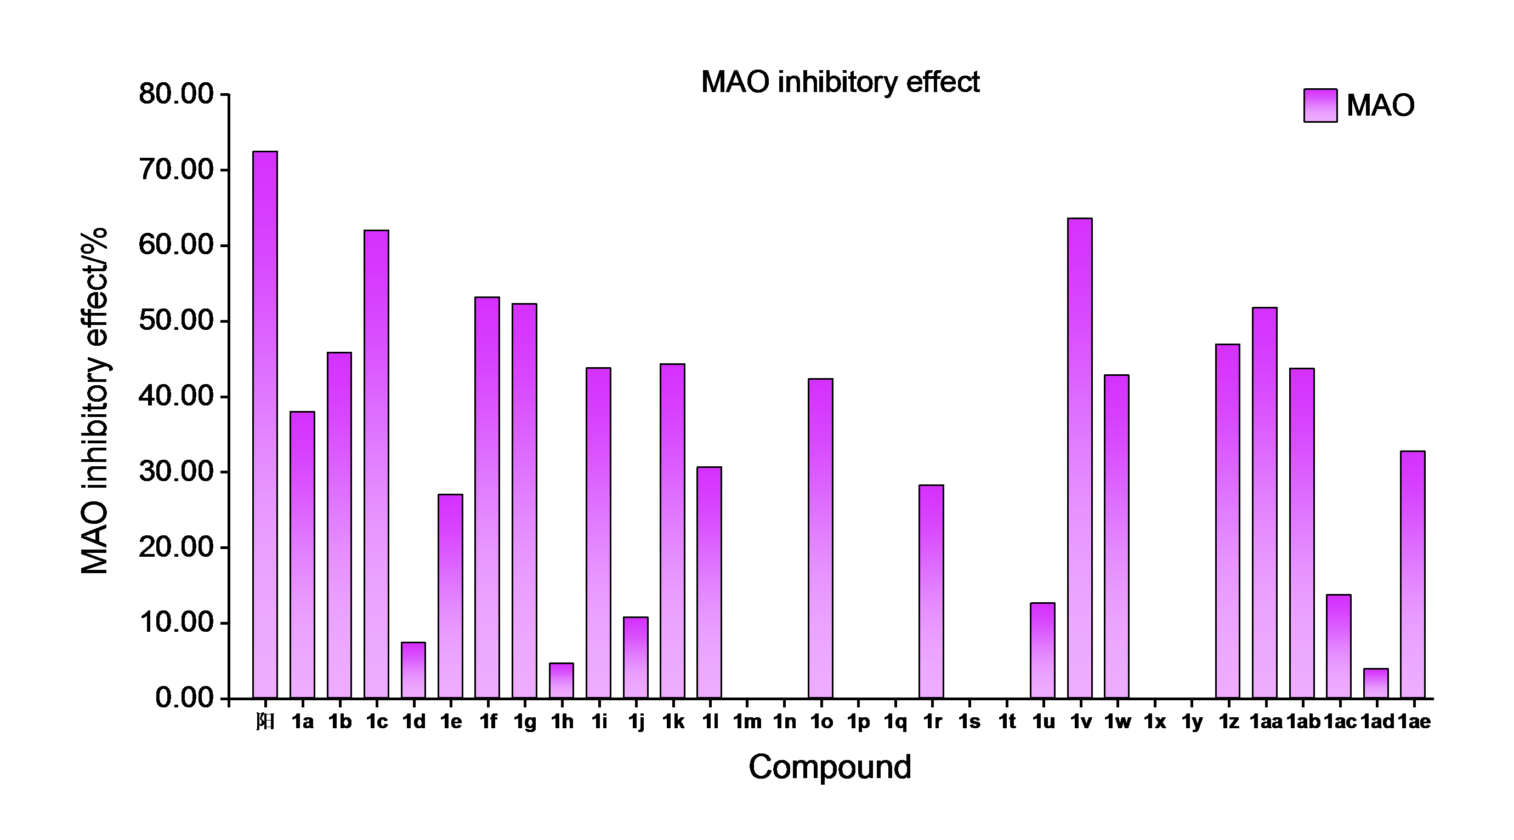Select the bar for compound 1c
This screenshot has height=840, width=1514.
click(376, 464)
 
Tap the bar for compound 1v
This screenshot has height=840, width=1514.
click(1080, 458)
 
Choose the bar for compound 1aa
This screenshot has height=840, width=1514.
click(1265, 503)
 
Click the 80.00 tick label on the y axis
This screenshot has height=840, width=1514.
click(175, 94)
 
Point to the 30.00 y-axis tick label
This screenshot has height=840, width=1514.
click(175, 472)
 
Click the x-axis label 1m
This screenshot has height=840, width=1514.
click(747, 721)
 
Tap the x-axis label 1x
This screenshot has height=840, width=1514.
click(1154, 721)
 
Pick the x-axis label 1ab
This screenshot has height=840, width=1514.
click(1303, 721)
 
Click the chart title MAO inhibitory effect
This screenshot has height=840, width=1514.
click(840, 82)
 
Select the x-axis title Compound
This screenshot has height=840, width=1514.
click(829, 767)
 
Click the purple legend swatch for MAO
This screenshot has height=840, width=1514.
click(1320, 106)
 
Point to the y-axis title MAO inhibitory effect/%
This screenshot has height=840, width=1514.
click(95, 401)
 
